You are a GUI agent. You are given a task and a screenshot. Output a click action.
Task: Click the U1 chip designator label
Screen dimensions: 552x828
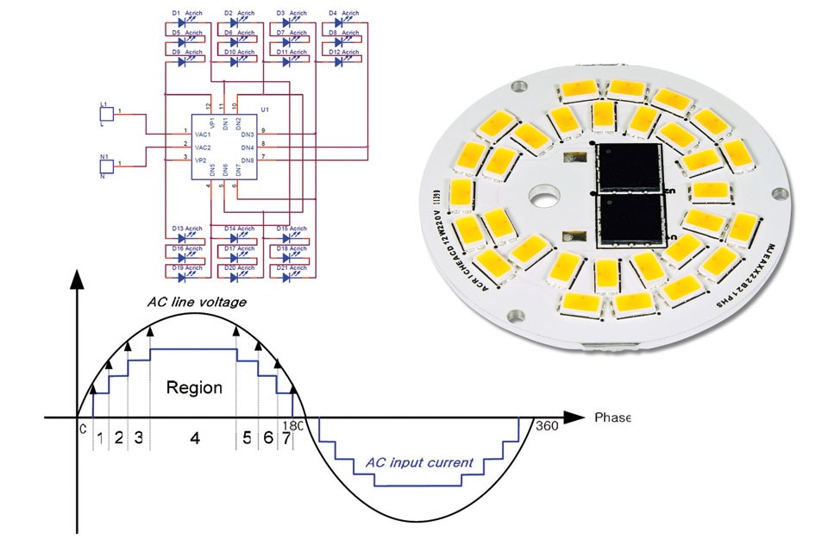tap(266, 110)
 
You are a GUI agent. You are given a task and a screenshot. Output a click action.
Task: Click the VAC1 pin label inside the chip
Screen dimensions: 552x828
tap(204, 135)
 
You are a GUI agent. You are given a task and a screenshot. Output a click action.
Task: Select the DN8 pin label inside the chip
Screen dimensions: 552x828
tap(248, 160)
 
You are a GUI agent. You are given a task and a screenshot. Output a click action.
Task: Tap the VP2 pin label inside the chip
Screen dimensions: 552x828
tap(202, 160)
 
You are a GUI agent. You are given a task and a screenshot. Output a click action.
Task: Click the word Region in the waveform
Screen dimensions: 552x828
tap(194, 387)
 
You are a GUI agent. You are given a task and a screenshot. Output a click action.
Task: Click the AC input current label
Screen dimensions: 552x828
tap(419, 462)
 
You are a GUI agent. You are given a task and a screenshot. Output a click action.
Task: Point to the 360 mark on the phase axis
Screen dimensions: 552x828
tap(547, 426)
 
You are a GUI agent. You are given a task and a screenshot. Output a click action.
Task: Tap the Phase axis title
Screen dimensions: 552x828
tap(612, 417)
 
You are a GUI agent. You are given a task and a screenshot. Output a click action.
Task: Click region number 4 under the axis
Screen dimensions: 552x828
tap(194, 438)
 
